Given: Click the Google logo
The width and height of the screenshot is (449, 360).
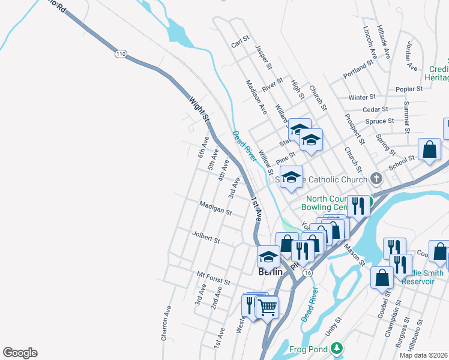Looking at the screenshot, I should tap(20, 353).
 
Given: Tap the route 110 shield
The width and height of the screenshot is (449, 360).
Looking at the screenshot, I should tap(121, 54).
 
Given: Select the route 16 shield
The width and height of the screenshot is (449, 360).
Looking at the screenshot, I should tap(308, 272).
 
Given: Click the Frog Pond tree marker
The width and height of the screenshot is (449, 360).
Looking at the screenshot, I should tap(337, 348).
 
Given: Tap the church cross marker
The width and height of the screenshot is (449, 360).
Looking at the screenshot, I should tap(376, 178).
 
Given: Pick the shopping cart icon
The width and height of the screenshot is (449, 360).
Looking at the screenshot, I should tap(268, 307).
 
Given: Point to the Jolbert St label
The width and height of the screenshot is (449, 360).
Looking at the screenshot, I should tap(206, 236).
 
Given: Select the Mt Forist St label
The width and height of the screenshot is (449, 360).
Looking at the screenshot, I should tap(214, 278).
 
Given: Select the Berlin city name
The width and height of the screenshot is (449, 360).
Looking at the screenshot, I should tap(270, 271).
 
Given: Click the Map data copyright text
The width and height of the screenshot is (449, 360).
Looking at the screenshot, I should tap(424, 355).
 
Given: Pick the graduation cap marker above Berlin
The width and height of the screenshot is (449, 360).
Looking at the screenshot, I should tap(269, 257).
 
